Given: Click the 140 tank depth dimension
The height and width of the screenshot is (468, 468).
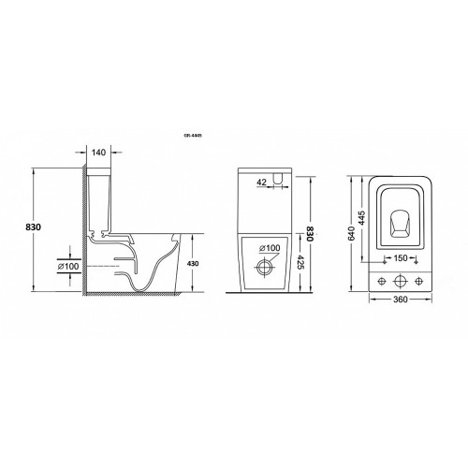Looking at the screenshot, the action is tap(99, 153).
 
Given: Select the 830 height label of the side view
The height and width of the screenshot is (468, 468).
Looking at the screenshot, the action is tap(33, 227).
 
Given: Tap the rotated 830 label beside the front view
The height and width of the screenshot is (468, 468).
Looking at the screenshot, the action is tap(310, 233).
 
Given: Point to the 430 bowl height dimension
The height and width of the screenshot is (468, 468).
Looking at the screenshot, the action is tap(193, 264).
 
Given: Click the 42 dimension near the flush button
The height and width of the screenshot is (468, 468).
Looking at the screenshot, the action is tap(262, 182).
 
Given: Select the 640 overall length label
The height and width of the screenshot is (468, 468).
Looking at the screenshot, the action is tap(351, 233).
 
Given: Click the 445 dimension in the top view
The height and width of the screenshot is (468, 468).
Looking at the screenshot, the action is tap(361, 218).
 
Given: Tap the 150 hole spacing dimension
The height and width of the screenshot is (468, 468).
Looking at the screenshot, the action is tap(401, 258).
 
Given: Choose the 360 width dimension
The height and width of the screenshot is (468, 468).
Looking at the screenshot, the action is tap(401, 300).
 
